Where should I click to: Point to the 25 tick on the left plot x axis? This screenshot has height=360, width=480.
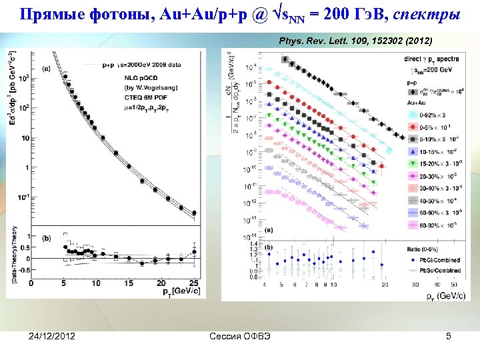[194, 283]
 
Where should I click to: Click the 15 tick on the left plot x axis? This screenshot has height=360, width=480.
[129, 283]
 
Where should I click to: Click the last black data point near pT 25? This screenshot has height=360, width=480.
[194, 213]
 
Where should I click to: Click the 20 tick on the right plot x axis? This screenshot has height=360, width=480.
[385, 283]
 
